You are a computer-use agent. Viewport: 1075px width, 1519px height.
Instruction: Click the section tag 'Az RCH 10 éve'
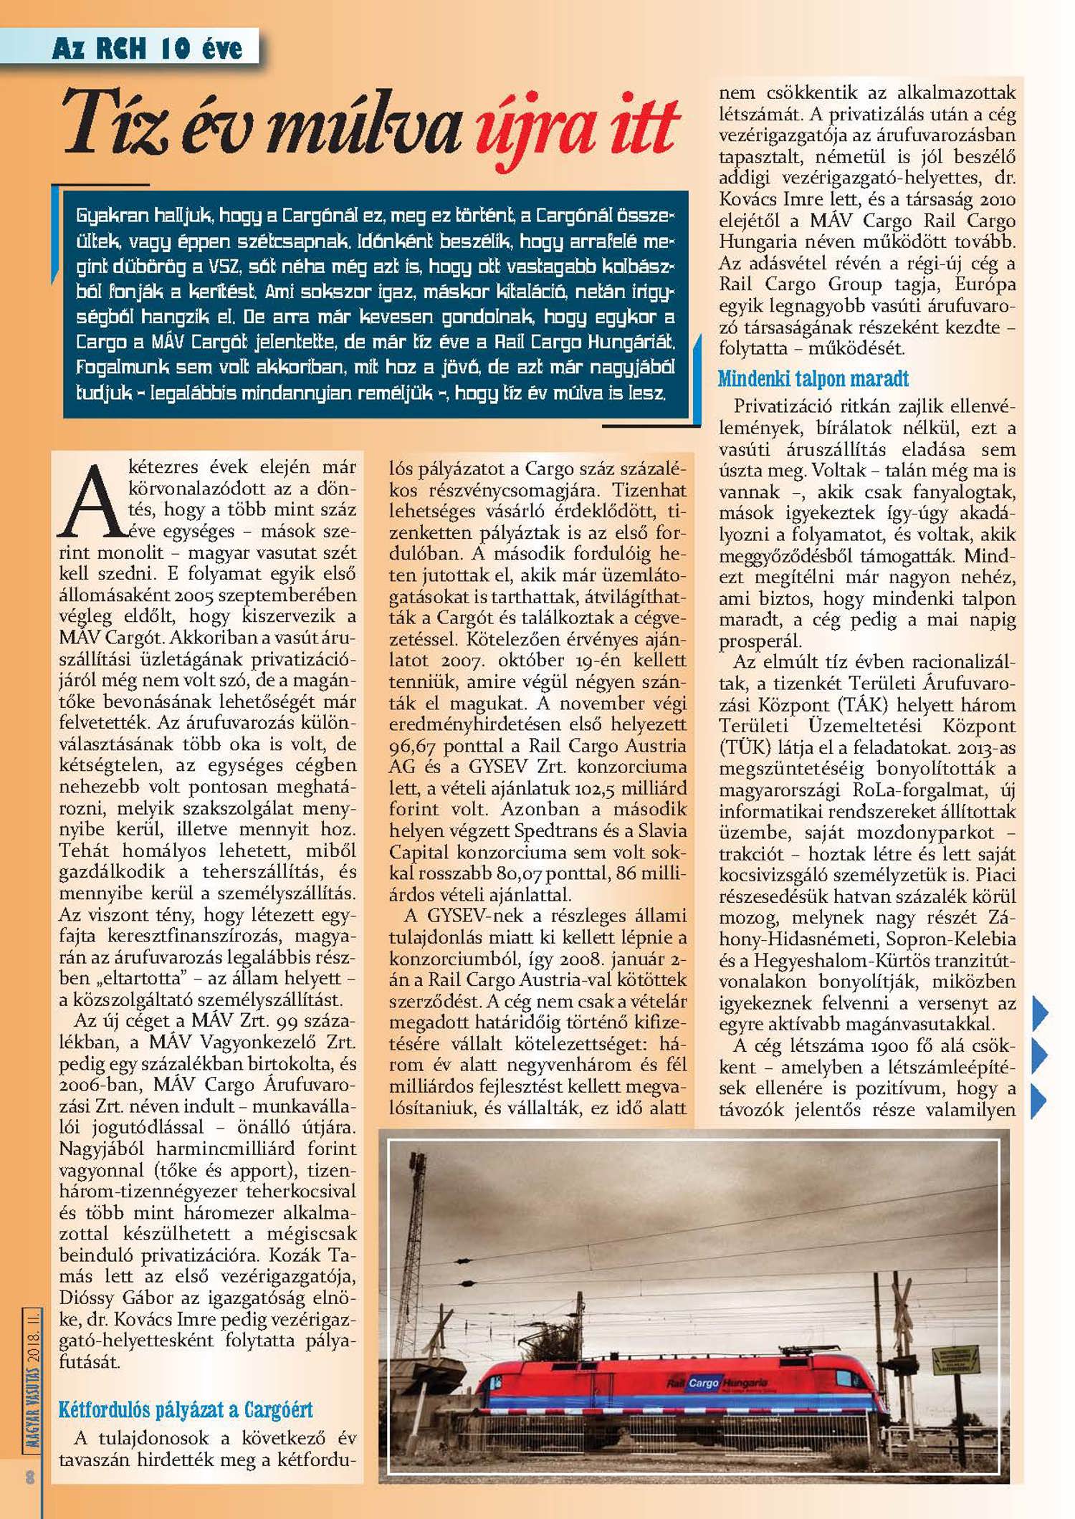pyautogui.click(x=147, y=49)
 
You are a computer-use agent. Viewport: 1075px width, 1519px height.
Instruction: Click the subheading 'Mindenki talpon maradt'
pyautogui.click(x=813, y=378)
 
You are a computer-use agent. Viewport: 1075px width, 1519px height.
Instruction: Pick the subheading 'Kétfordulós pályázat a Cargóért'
pyautogui.click(x=186, y=1410)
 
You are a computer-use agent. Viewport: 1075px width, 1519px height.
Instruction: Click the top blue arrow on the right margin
pyautogui.click(x=1039, y=1012)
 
